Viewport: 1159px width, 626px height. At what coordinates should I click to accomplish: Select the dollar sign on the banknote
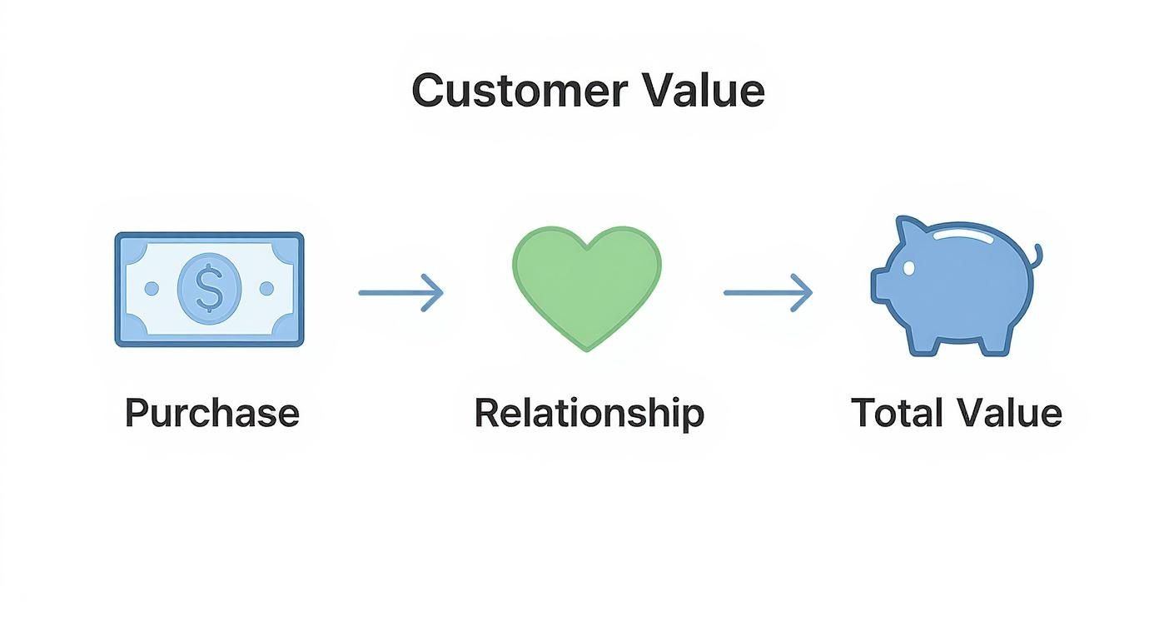(209, 289)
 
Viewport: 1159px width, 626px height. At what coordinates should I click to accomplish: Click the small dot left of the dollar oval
(152, 289)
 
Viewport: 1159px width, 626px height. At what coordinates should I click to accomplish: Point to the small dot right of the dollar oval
(266, 289)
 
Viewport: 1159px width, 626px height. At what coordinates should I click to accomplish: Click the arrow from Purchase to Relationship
(400, 292)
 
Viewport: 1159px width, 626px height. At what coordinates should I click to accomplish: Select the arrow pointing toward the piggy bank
(767, 292)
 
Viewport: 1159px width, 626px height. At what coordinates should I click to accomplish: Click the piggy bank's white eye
(908, 268)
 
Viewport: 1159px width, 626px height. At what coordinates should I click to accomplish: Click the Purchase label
(211, 414)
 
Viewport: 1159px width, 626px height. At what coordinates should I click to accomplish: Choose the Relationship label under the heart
(589, 414)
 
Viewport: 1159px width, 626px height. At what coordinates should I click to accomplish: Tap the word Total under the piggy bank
(897, 414)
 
